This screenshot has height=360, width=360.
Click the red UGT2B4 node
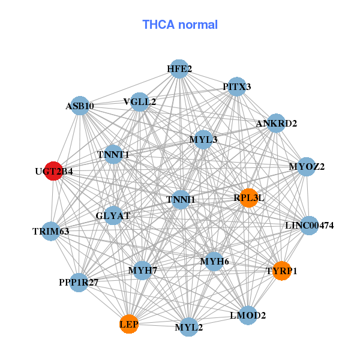[x=54, y=171]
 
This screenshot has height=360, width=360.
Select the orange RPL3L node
[x=248, y=197]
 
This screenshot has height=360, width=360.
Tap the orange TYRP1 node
[x=281, y=271]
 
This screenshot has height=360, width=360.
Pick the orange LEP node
[x=129, y=324]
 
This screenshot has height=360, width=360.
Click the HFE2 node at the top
[x=179, y=69]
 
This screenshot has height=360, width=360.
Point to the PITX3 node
[x=237, y=87]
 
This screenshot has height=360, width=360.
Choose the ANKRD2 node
[x=276, y=124]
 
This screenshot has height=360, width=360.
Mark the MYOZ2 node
[x=307, y=166]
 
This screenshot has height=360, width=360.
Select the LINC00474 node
[x=309, y=226]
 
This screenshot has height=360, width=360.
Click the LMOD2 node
[x=248, y=314]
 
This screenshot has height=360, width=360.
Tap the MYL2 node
[x=189, y=327]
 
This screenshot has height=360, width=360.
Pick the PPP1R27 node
[x=79, y=281]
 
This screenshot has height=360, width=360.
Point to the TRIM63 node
[x=51, y=231]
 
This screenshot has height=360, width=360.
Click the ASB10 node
[x=80, y=106]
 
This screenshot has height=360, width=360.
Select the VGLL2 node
[x=140, y=101]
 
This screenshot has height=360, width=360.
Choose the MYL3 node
[x=203, y=140]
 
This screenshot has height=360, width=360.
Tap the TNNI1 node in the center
[x=181, y=199]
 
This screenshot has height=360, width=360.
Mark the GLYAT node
[x=113, y=215]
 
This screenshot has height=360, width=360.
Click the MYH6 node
[x=214, y=261]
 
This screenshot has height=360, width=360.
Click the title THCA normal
[x=180, y=25]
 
